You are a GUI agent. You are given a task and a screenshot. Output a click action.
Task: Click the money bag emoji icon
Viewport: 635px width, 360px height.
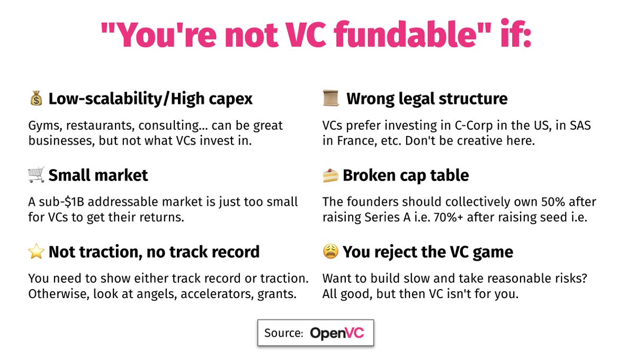click(x=36, y=99)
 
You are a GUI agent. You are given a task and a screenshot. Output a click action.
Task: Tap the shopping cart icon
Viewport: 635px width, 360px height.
click(x=36, y=175)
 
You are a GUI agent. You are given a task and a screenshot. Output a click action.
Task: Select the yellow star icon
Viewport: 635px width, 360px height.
click(x=36, y=252)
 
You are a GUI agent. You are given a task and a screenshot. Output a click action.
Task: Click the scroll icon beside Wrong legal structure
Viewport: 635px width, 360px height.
click(x=330, y=98)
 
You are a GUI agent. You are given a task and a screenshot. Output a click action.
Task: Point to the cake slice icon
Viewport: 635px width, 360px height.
click(x=330, y=175)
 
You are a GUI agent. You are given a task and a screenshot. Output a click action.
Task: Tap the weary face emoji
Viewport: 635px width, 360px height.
click(x=330, y=252)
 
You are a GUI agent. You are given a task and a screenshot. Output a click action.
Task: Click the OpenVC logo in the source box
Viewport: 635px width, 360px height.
click(x=337, y=333)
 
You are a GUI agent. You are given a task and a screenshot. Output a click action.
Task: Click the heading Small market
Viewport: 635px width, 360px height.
click(x=98, y=175)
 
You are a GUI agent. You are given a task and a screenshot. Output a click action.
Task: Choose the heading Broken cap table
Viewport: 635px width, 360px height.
click(x=406, y=175)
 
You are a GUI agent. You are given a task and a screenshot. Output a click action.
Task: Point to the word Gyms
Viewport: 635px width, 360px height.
click(x=43, y=126)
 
